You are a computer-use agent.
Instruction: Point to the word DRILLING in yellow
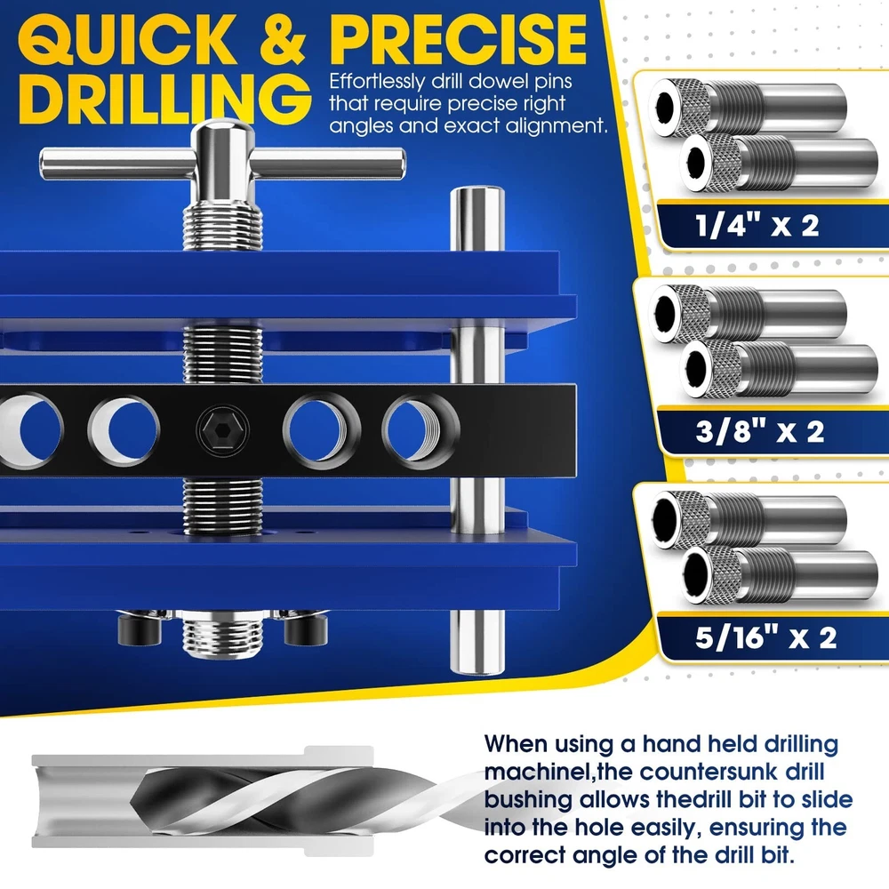coord(164,99)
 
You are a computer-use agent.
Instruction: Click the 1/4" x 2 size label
coord(757,226)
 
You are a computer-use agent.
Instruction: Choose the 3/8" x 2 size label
coord(760,431)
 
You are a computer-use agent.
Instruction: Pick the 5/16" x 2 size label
coord(766,637)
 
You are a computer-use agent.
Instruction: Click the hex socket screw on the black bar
coord(222,429)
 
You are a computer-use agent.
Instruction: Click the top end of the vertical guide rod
coord(477,194)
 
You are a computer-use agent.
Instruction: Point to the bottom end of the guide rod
coord(477,666)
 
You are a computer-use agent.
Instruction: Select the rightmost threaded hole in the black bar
coord(420,430)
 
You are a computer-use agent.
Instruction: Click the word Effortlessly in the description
coord(376,82)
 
